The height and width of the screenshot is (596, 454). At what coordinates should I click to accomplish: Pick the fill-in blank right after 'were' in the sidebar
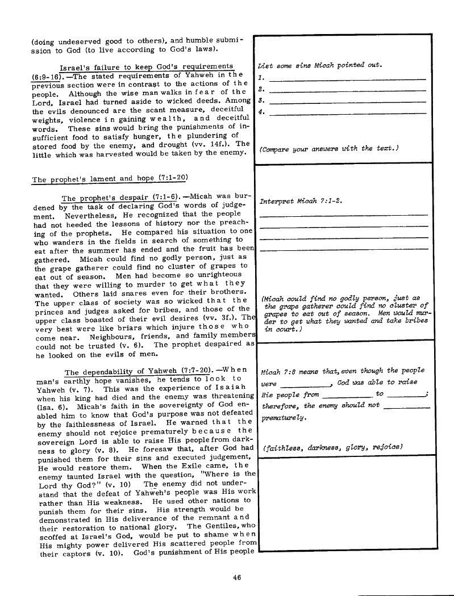point(305,385)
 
